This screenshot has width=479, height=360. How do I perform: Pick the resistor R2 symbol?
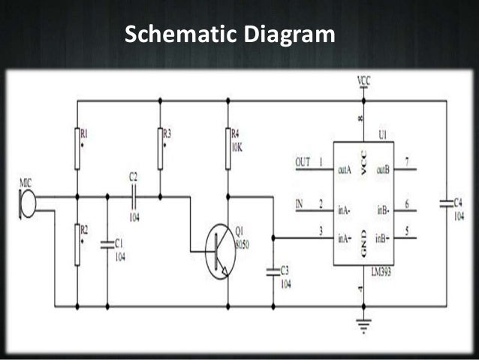click(x=77, y=244)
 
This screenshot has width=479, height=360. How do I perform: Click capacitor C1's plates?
click(x=107, y=243)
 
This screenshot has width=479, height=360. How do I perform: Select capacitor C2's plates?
click(x=134, y=197)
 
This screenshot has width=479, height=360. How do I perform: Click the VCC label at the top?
click(x=363, y=80)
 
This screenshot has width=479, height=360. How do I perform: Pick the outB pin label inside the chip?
click(x=383, y=170)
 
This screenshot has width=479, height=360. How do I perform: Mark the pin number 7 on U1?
click(x=406, y=162)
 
